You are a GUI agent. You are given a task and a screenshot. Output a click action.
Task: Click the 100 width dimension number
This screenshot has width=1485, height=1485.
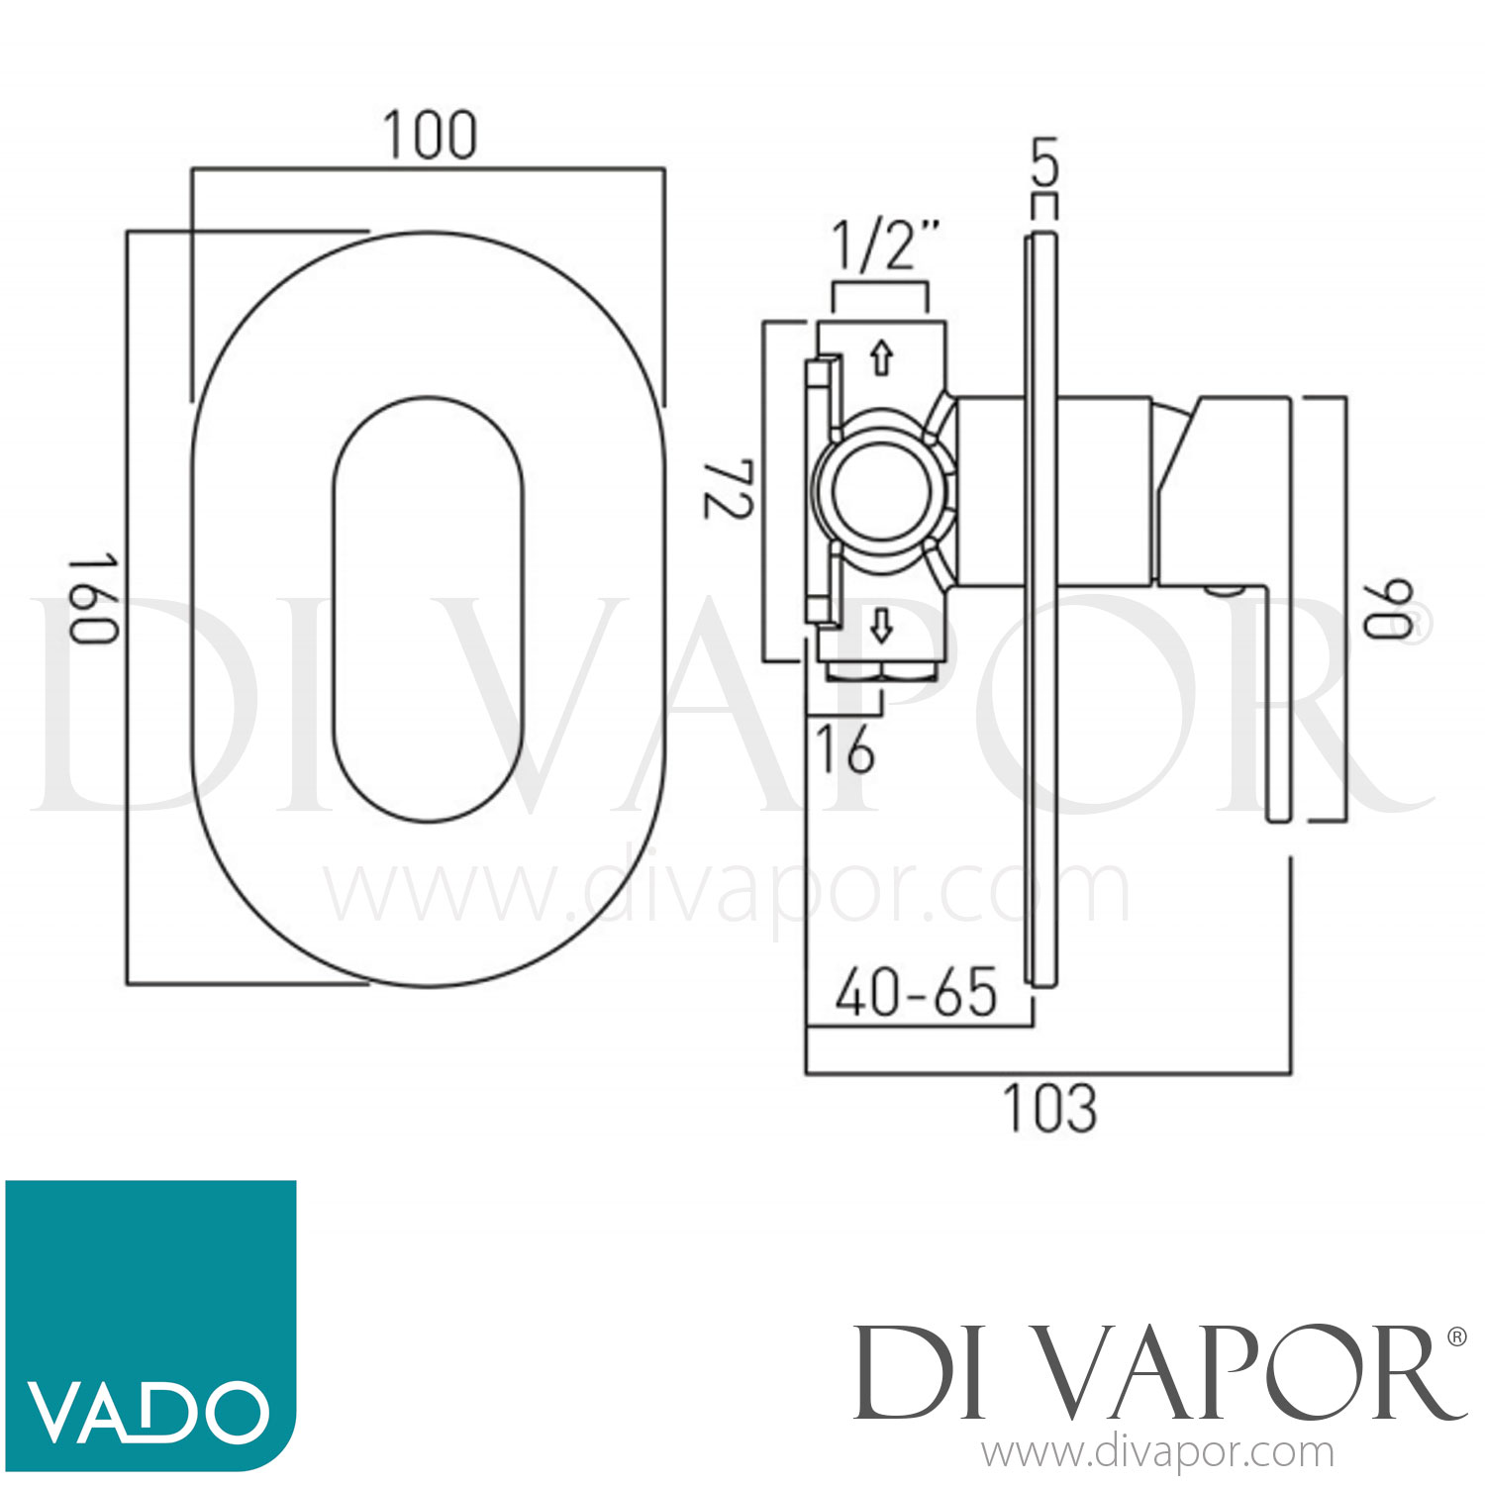[x=430, y=136]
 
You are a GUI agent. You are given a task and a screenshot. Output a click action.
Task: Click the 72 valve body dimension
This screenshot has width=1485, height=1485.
[x=729, y=488]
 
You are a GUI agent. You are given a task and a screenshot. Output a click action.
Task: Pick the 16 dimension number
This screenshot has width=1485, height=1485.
[x=844, y=748]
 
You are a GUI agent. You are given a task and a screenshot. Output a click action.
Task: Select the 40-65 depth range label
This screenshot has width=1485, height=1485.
[x=916, y=993]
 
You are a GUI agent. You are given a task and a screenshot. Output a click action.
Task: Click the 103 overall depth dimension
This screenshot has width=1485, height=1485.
[x=1050, y=1108]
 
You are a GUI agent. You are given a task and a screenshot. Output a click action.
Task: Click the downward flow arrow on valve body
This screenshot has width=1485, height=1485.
[x=880, y=626]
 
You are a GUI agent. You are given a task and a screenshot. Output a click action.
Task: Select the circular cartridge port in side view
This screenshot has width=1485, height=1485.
[x=880, y=492]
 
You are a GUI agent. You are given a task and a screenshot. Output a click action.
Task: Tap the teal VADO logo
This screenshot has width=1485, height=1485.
[x=150, y=1325]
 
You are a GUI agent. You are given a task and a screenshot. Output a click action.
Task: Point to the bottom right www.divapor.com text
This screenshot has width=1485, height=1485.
[x=1157, y=1453]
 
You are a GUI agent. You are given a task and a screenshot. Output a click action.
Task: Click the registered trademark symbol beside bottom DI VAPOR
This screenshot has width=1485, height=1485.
[x=1456, y=1336]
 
